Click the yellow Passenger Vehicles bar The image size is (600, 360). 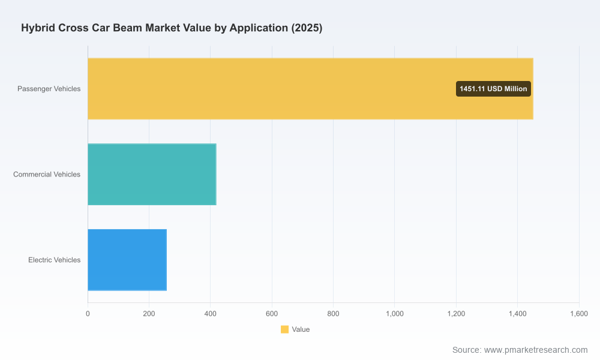310,89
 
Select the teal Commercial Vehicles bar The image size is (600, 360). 152,175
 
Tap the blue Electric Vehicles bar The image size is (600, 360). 127,260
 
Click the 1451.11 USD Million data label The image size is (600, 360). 493,89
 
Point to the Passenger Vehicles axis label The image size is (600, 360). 49,89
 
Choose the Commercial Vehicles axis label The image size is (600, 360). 47,175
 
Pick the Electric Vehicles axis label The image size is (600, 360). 55,260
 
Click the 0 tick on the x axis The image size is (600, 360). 88,314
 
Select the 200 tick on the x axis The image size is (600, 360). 149,314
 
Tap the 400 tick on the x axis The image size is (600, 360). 210,314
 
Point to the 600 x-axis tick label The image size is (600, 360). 272,314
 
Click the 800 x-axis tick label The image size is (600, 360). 333,314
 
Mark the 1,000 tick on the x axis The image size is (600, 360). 395,314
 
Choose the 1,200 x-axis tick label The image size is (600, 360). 456,314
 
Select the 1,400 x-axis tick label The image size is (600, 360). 517,314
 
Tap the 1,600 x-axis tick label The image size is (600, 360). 579,314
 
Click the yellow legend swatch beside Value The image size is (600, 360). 284,329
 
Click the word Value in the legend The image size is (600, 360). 301,329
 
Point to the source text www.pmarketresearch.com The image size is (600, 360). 536,350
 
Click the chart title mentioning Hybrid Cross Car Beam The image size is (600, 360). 172,28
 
